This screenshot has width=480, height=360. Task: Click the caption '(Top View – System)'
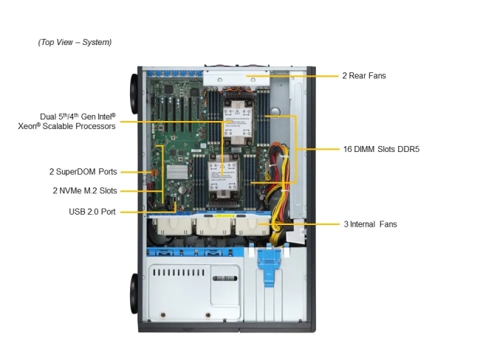pos(75,42)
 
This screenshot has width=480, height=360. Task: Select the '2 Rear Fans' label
pos(363,75)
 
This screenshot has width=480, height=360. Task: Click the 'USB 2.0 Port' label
pos(92,212)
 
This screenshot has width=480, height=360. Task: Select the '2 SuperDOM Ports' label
pos(83,172)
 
